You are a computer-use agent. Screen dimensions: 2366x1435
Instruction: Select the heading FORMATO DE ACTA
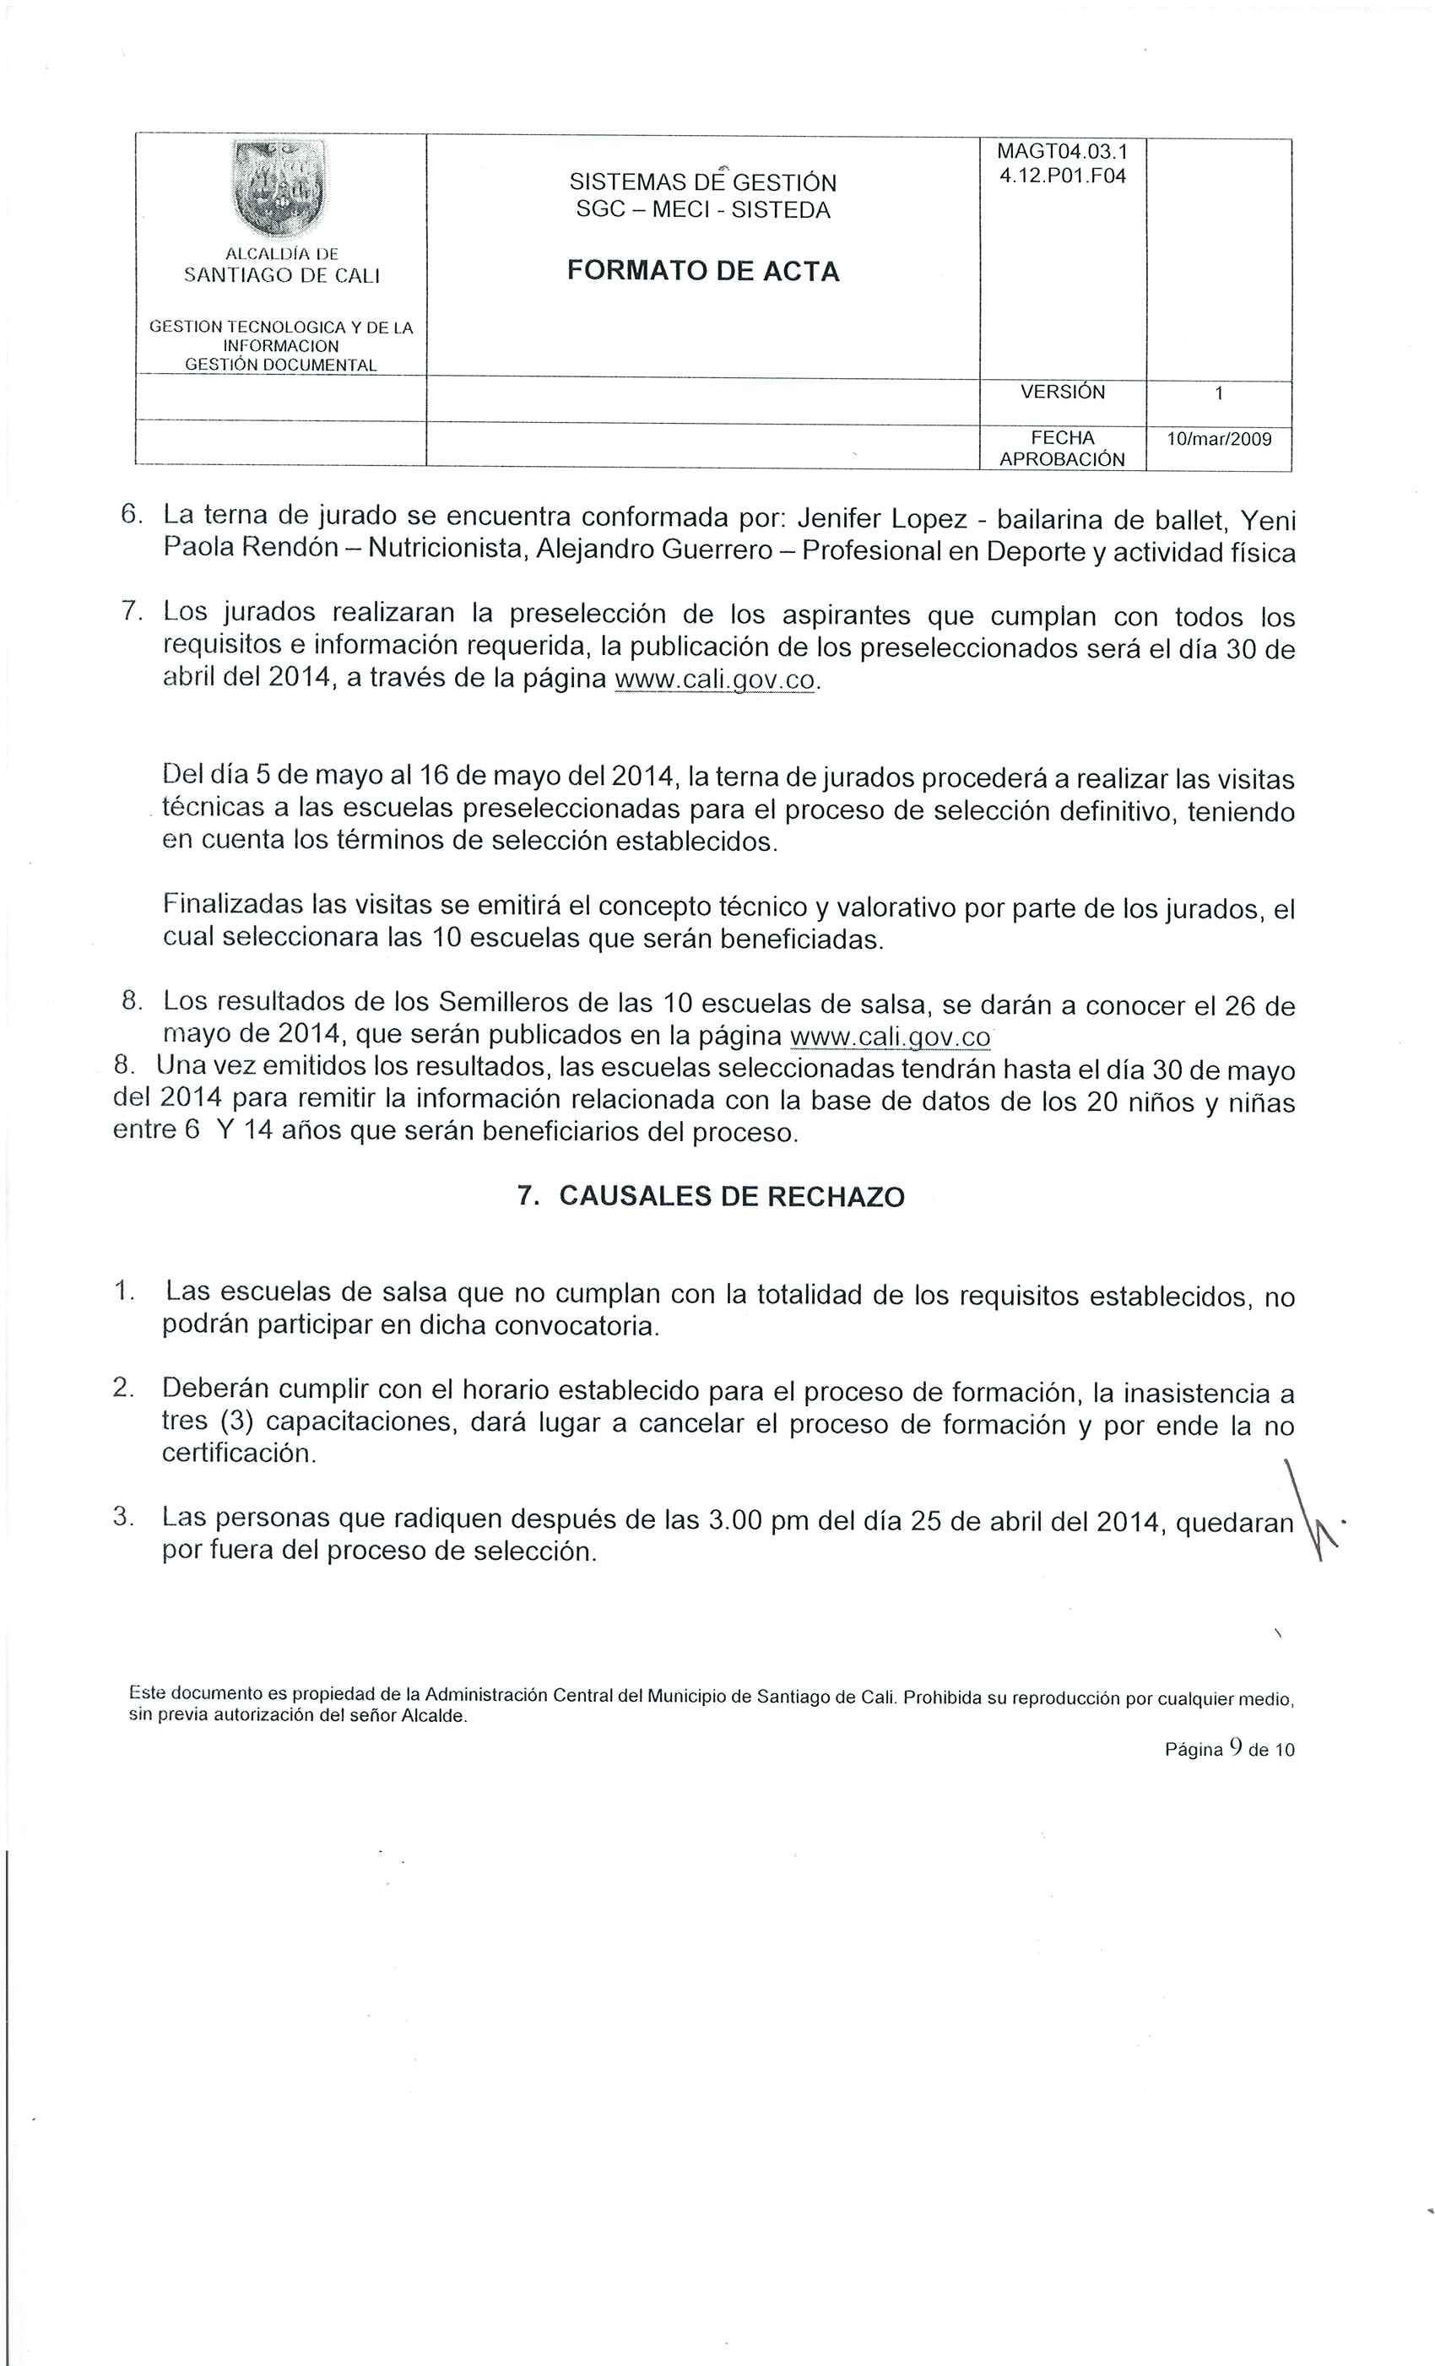(703, 272)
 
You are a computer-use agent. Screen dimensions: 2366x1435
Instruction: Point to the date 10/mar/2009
(1218, 440)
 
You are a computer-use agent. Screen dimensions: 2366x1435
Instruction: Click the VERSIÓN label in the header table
(1063, 392)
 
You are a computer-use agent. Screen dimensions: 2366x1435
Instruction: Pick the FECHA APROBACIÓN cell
(1063, 448)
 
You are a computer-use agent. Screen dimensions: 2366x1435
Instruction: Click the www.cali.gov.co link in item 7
(717, 681)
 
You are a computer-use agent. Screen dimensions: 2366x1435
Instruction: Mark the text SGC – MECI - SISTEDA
(703, 210)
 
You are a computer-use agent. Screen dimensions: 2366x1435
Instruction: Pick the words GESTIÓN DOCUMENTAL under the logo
(280, 365)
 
